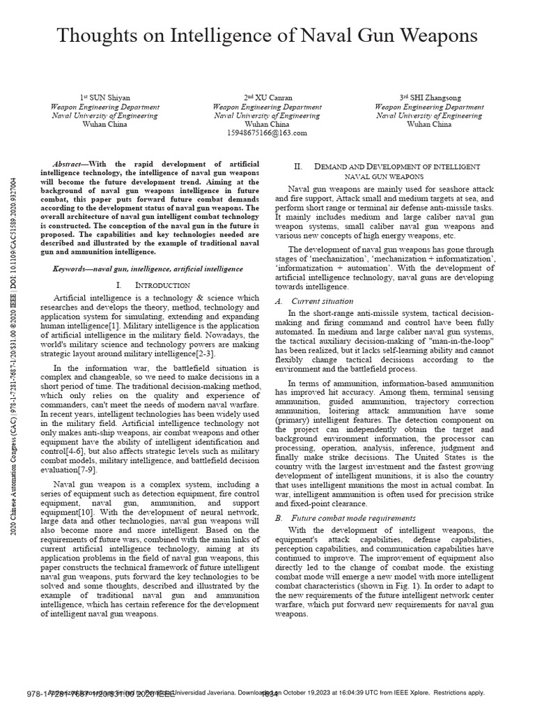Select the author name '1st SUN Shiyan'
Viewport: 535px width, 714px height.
[105, 98]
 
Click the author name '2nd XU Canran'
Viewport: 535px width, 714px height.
[267, 98]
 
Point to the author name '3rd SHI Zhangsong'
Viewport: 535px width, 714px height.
[429, 98]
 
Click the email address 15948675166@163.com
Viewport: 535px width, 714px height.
[267, 132]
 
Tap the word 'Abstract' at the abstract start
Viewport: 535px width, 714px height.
[74, 162]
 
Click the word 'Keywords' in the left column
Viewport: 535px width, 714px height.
[72, 268]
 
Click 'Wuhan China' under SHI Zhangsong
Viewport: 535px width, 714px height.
[429, 125]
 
